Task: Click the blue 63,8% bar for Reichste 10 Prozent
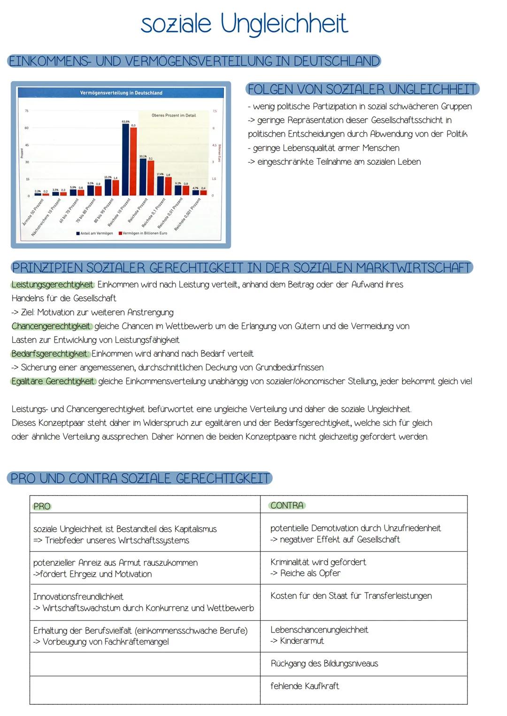tap(125, 160)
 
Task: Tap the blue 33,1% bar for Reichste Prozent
tap(143, 177)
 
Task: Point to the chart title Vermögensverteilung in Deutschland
tap(121, 93)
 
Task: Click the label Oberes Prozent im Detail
tap(174, 115)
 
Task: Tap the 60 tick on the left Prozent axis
tap(27, 128)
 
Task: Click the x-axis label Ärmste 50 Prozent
tap(34, 212)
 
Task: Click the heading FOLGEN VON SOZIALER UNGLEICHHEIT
tap(362, 89)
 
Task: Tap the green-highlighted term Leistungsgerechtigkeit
tap(53, 285)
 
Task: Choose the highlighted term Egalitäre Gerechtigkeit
tap(53, 381)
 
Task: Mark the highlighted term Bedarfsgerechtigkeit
tap(50, 354)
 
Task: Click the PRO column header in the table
tap(42, 507)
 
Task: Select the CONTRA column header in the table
tap(287, 506)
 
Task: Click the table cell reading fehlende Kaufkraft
tap(305, 686)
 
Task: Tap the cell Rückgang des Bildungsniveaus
tap(324, 663)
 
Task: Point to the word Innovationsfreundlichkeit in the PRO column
tap(78, 597)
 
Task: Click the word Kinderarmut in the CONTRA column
tap(302, 641)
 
